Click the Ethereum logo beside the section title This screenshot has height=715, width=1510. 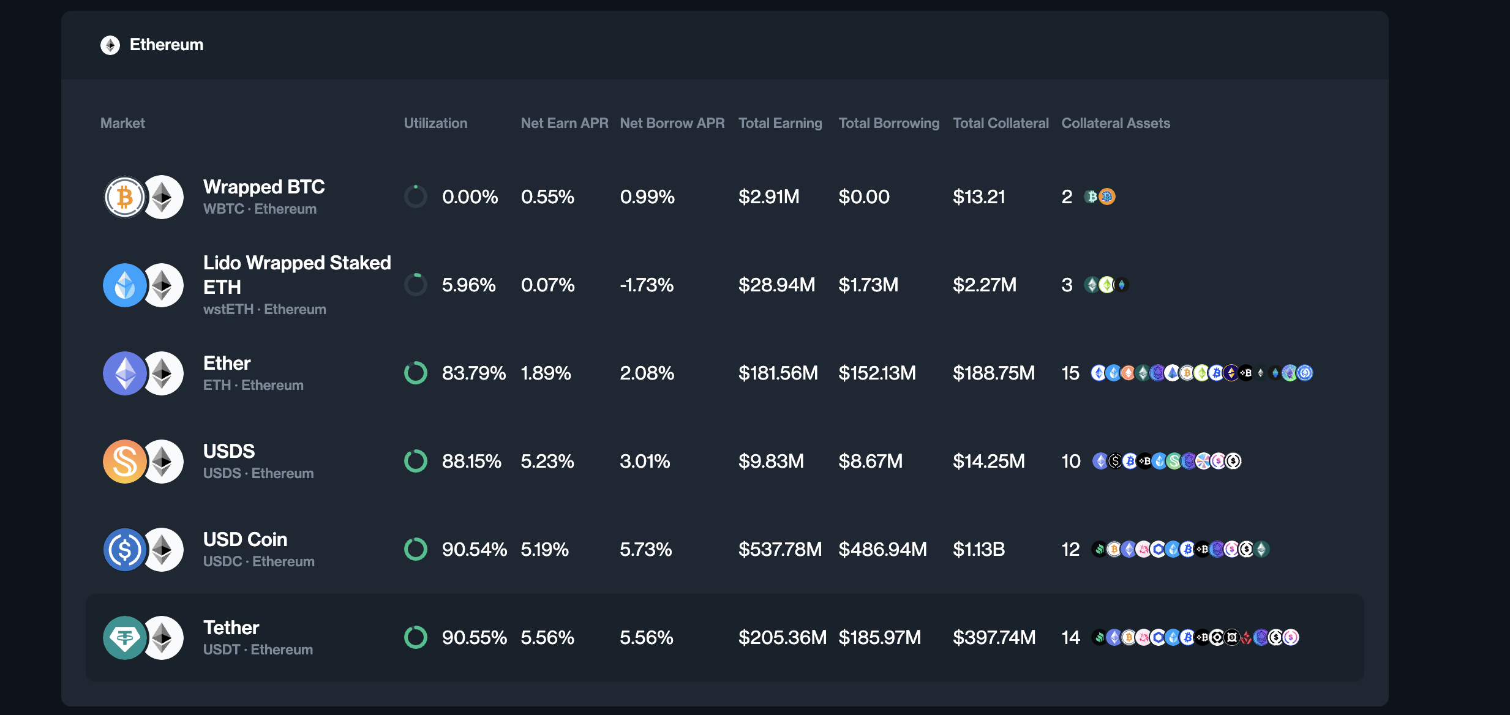[x=110, y=45]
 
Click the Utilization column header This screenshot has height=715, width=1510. [x=435, y=123]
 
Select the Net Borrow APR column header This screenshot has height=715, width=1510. [x=672, y=123]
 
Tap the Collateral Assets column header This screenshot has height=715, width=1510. [x=1115, y=123]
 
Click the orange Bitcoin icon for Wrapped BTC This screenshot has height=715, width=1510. [x=125, y=197]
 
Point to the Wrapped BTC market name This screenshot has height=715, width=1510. [x=264, y=187]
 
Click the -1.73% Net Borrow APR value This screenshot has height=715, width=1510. [x=646, y=285]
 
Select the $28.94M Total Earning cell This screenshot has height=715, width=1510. [x=776, y=285]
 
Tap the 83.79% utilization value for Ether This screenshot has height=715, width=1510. [x=473, y=373]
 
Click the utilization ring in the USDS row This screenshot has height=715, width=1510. [x=416, y=461]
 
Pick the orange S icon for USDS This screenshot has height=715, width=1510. [x=125, y=462]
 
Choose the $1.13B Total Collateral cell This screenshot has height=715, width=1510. [x=978, y=549]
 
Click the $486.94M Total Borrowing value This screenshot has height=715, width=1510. [x=882, y=549]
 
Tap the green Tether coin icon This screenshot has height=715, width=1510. [x=125, y=638]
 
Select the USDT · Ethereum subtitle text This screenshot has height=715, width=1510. [x=258, y=649]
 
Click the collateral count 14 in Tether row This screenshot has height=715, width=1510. [x=1070, y=637]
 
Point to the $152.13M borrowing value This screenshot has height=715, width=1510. [x=877, y=373]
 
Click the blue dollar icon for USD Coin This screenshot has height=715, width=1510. [x=125, y=550]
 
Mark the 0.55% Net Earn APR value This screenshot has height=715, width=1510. [x=547, y=197]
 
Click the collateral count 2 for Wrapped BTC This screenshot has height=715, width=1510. [x=1067, y=197]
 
